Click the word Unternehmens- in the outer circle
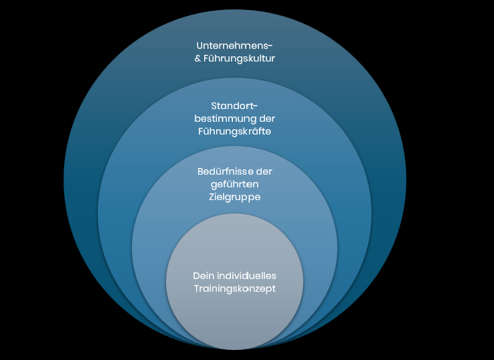(234, 46)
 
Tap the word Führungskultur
(240, 58)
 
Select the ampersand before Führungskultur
(197, 59)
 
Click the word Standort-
(234, 106)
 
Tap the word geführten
(234, 185)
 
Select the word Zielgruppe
(234, 197)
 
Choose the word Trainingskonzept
(234, 288)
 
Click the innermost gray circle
(234, 314)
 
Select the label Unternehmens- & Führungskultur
(234, 52)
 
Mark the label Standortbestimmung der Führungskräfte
(234, 118)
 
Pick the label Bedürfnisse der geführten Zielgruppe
(234, 185)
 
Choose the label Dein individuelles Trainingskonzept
(234, 282)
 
